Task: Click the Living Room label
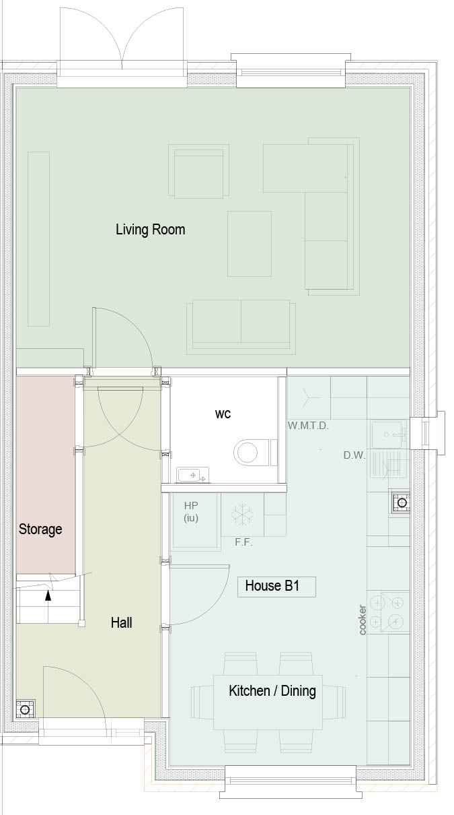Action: pos(151,230)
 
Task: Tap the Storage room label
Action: pos(40,529)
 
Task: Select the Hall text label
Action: pos(121,622)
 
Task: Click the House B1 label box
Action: pos(276,587)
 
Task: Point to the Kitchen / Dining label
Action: pos(272,691)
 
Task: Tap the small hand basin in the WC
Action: pos(192,475)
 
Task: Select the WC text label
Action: pos(223,414)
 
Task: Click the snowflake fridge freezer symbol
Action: pos(242,515)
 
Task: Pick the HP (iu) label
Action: pos(191,511)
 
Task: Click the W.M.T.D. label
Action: pos(308,426)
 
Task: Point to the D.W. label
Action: pos(354,455)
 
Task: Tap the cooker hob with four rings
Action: pos(388,613)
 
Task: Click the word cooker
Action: pos(363,620)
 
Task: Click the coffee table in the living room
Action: pos(250,244)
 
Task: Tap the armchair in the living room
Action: pos(198,171)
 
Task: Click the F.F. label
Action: pos(243,542)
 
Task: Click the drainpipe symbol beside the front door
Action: pos(25,709)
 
